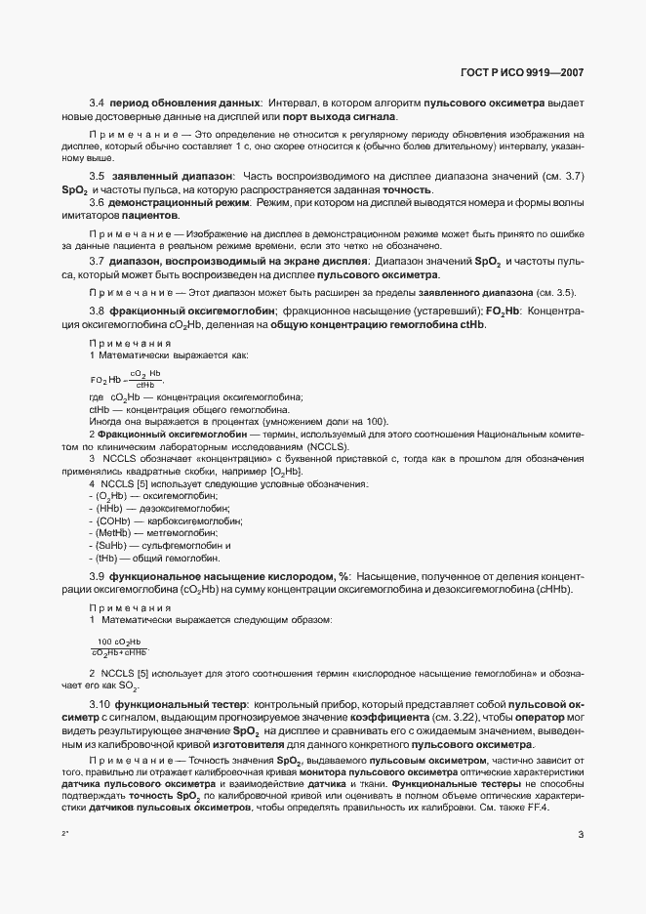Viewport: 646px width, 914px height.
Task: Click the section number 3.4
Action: click(97, 103)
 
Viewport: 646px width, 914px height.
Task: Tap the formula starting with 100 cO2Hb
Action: click(119, 645)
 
